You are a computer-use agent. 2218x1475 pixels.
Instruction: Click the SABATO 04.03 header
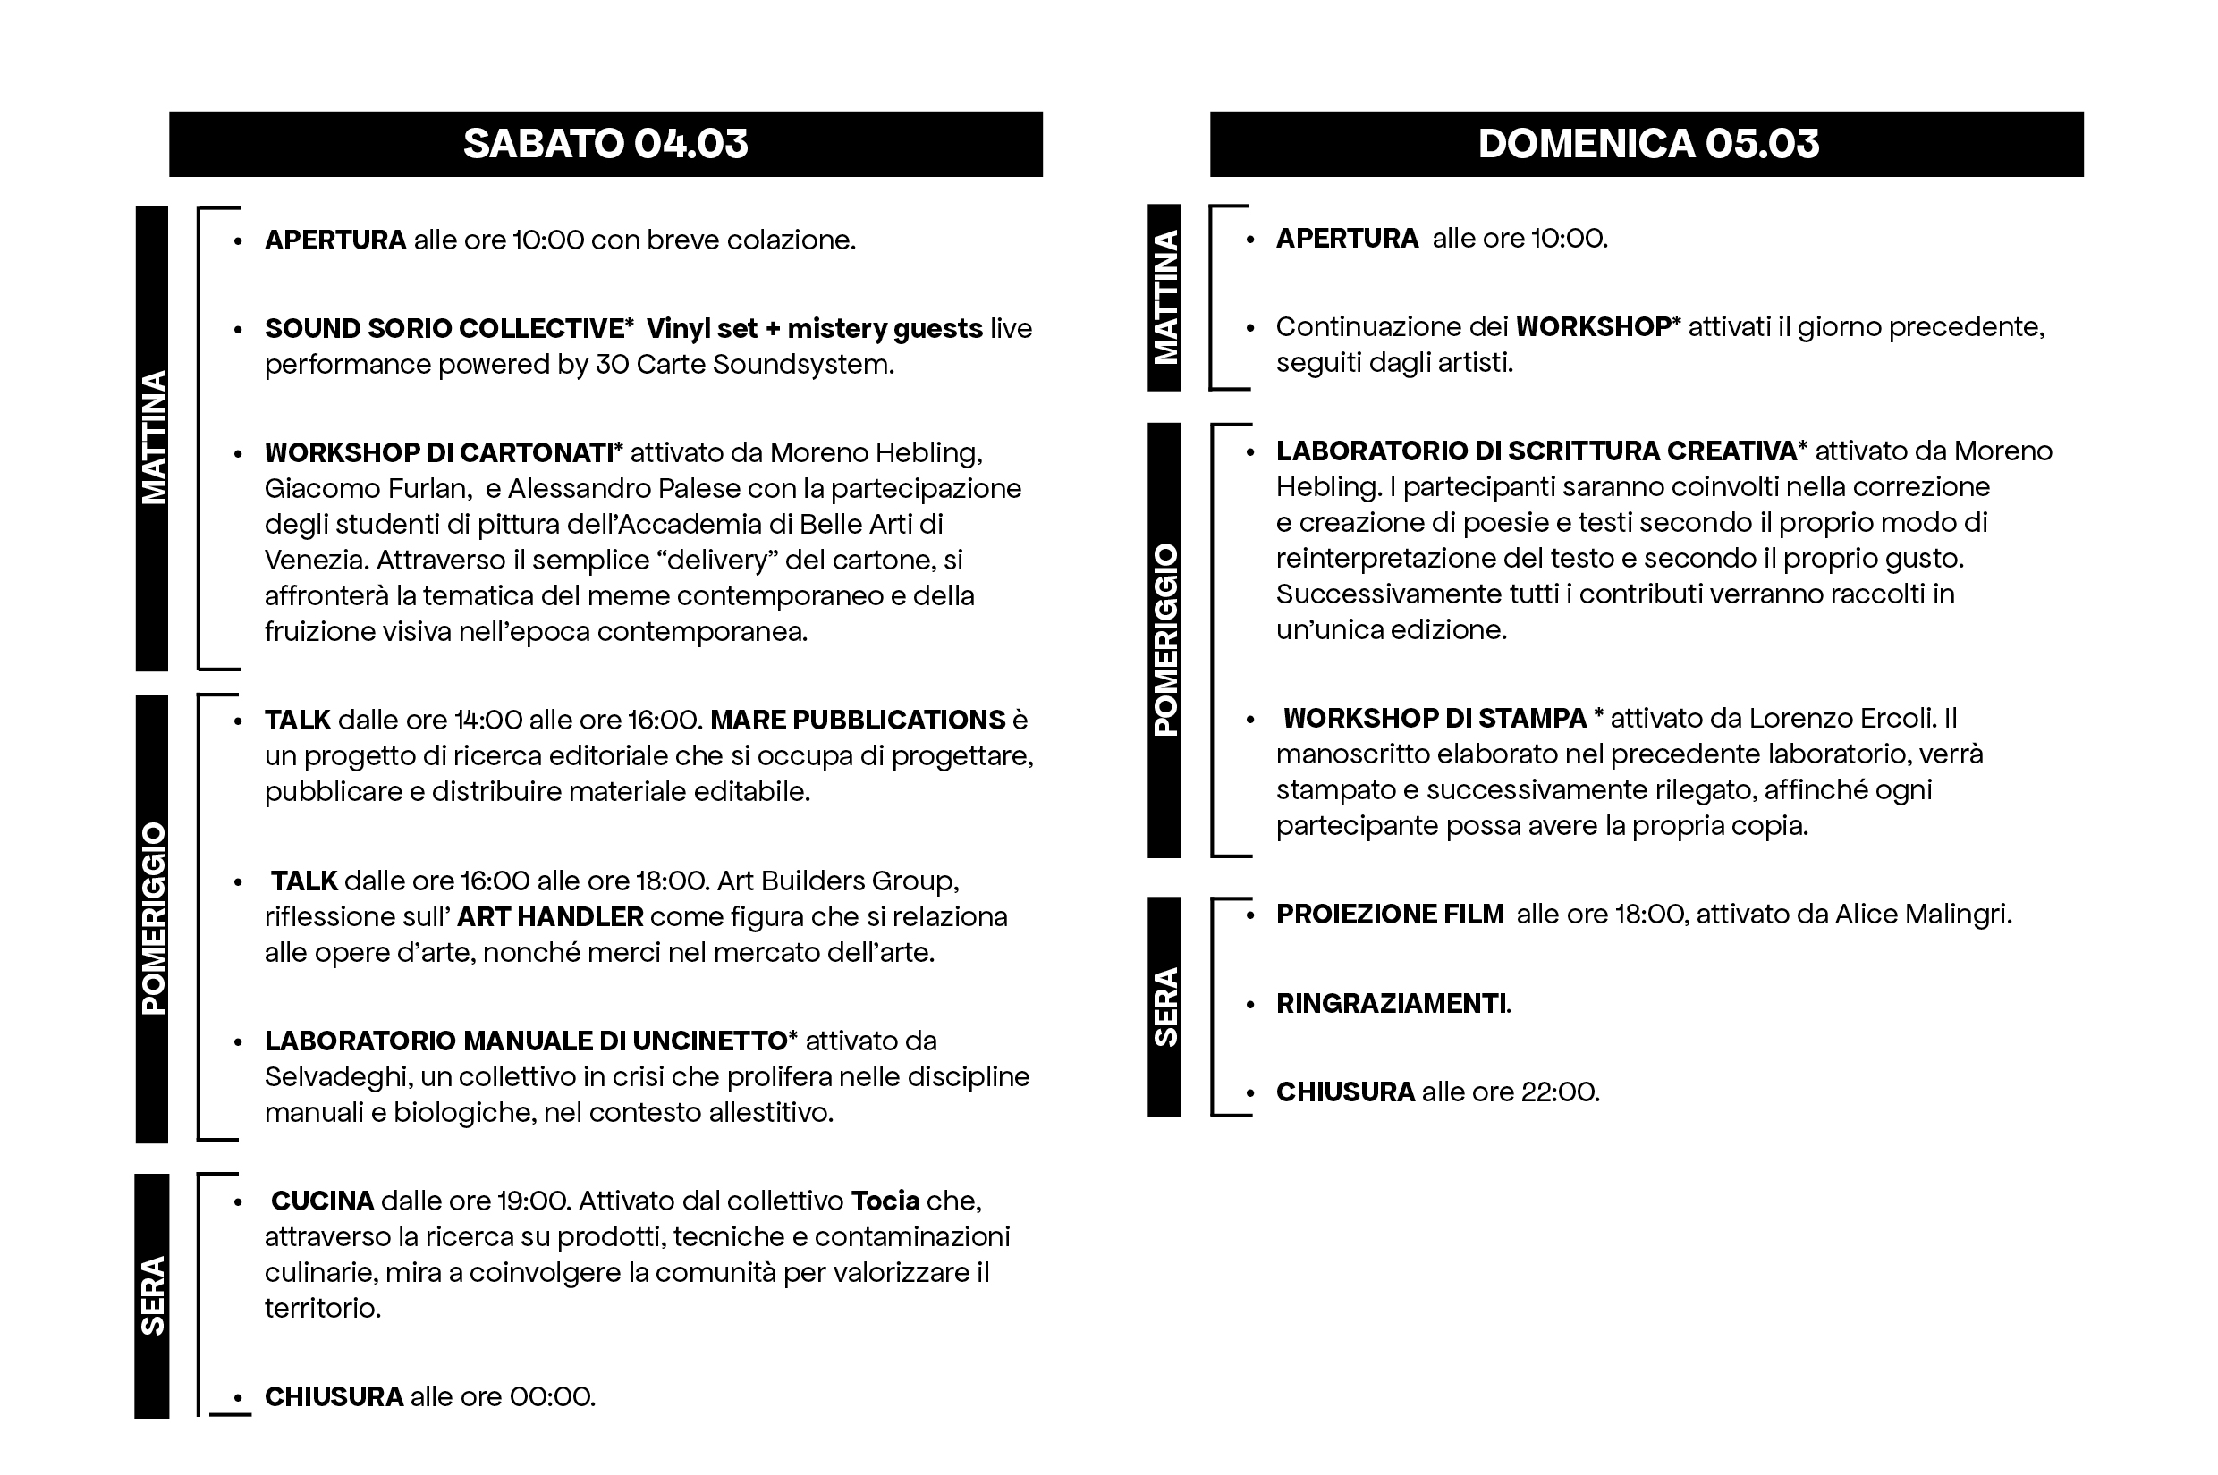click(605, 144)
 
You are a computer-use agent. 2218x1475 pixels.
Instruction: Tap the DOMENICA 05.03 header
click(1647, 144)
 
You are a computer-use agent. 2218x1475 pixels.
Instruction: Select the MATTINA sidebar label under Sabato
click(152, 437)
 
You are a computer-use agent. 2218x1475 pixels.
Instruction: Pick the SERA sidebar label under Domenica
click(1164, 1007)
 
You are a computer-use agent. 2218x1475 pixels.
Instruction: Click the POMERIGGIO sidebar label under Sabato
click(152, 918)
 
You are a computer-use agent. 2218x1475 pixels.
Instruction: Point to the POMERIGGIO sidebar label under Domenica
click(1164, 640)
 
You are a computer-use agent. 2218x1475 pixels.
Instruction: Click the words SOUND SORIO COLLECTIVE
click(444, 328)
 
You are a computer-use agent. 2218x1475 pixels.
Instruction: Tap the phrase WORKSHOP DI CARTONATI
click(439, 452)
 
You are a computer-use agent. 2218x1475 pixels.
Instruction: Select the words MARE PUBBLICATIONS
click(858, 720)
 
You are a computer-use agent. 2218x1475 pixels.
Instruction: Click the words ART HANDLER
click(551, 916)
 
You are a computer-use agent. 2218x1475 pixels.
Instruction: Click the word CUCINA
click(323, 1201)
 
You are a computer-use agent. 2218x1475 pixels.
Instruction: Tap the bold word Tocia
click(885, 1201)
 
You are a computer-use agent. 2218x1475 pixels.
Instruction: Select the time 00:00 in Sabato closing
click(551, 1396)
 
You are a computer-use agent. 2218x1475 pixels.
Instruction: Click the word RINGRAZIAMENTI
click(1391, 1004)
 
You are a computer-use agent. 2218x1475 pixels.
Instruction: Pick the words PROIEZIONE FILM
click(1390, 914)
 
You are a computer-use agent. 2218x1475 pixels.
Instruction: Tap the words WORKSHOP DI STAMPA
click(1435, 718)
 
